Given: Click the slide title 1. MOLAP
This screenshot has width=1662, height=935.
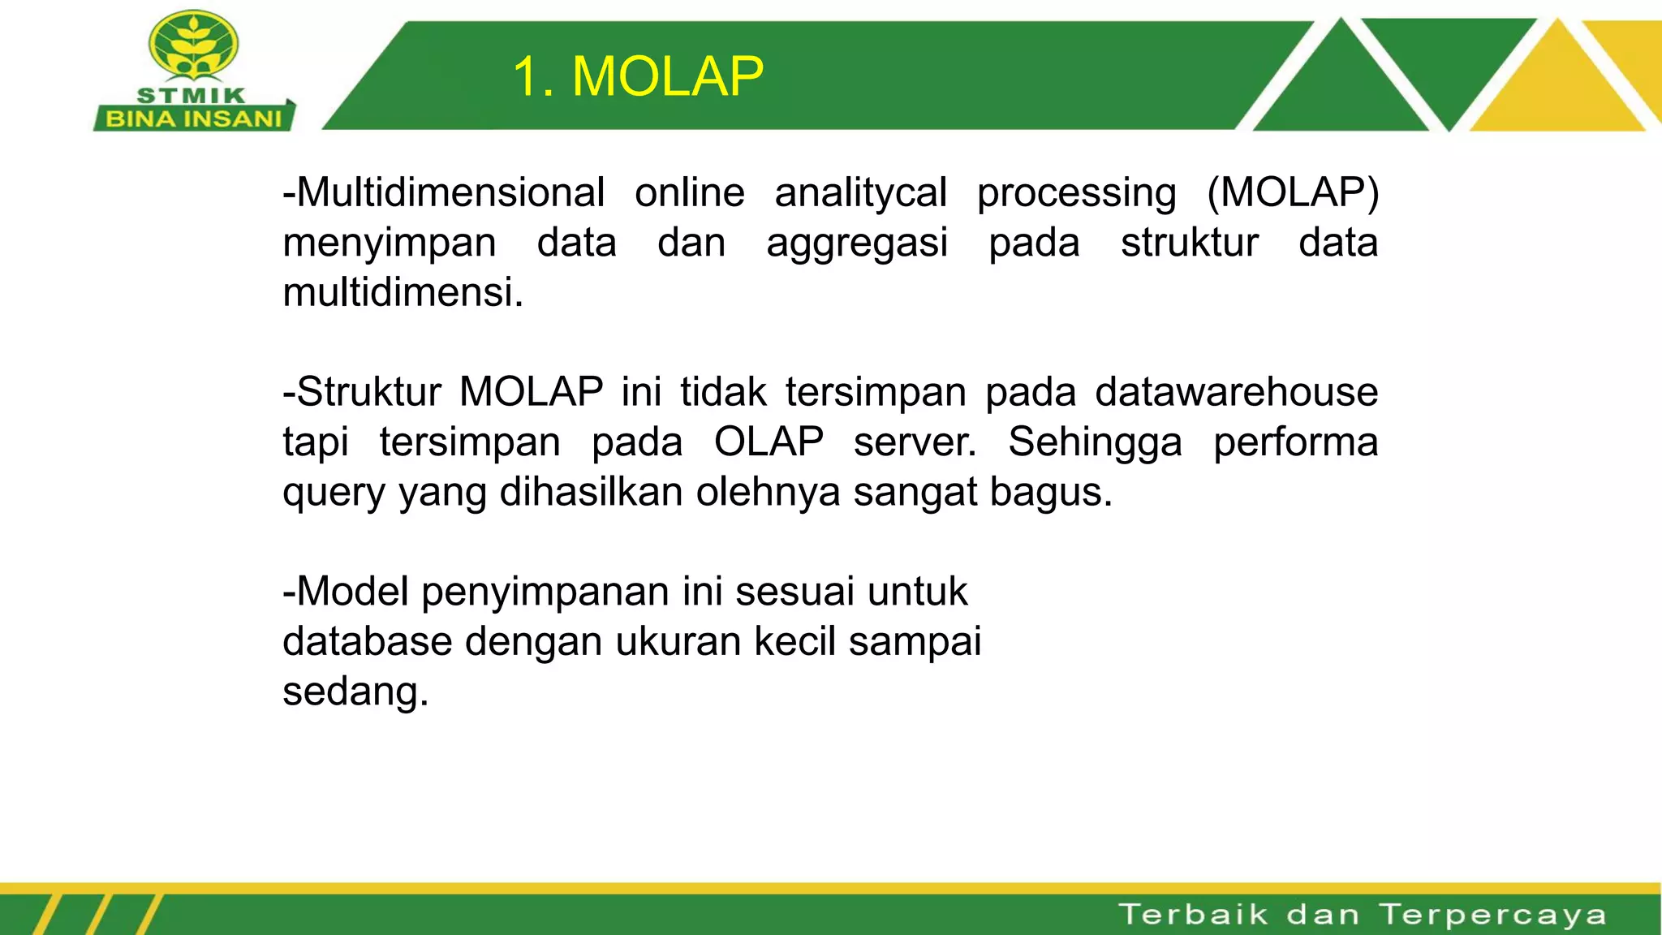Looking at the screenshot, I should [x=638, y=77].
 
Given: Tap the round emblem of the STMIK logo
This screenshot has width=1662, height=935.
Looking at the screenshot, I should [x=194, y=47].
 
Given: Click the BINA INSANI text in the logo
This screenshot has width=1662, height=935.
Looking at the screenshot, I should [x=193, y=119].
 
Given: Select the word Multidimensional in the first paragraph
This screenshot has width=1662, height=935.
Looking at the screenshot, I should [x=450, y=193].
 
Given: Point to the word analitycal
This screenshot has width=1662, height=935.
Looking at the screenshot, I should [x=860, y=193].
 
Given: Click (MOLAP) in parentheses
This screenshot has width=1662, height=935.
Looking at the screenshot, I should [x=1293, y=193].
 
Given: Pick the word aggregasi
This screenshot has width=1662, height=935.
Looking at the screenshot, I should [x=857, y=243].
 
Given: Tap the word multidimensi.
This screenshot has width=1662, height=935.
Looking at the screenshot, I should [x=402, y=293].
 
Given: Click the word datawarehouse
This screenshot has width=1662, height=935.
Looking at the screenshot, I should [x=1236, y=392].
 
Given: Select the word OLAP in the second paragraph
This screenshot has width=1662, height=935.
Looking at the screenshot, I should [x=769, y=442].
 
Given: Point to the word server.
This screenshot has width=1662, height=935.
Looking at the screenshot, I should [x=915, y=442].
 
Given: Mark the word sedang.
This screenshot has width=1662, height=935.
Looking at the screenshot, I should [x=355, y=692].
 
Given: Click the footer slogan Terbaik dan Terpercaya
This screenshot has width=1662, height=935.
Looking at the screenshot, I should [x=1363, y=915].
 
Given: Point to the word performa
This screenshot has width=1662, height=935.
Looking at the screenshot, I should [x=1295, y=442].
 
